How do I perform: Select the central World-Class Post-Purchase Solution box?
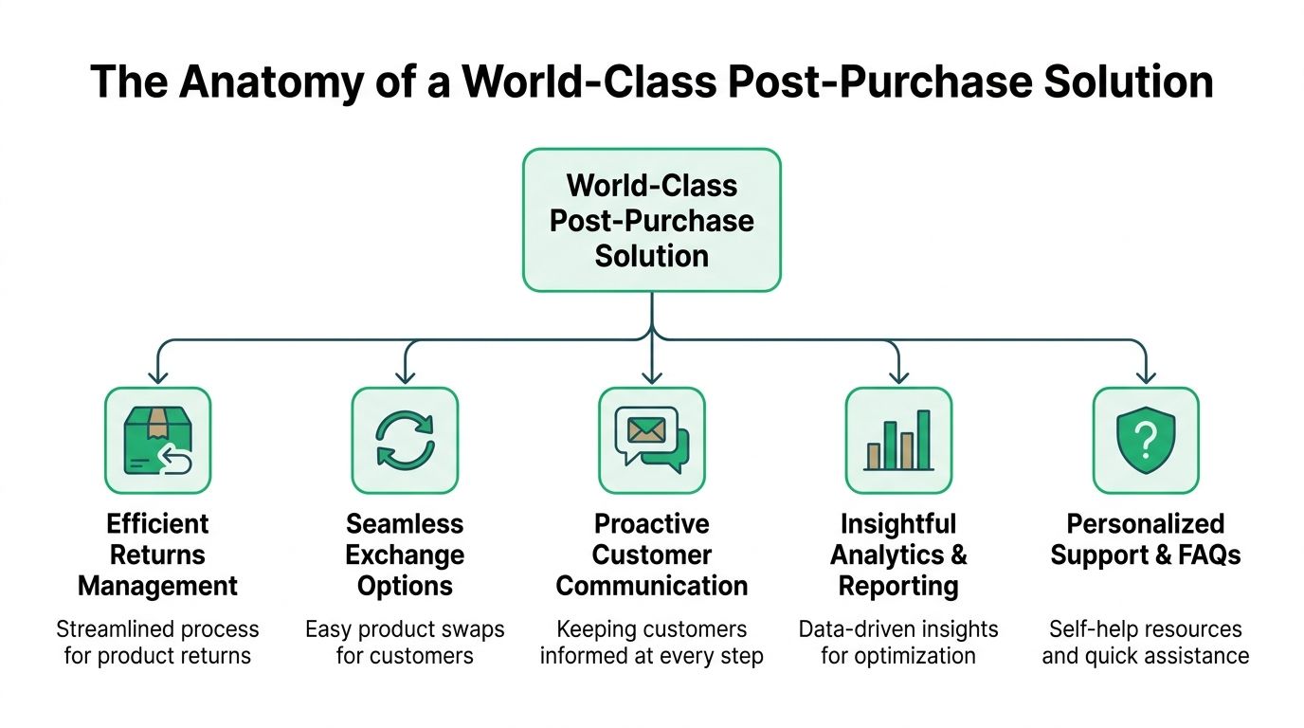pos(652,220)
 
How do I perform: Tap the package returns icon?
pos(157,441)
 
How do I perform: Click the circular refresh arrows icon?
pos(405,441)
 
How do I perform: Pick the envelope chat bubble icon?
pos(652,441)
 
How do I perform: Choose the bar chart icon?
pos(898,441)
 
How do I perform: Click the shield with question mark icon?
pos(1146,441)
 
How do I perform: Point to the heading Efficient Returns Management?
pos(157,555)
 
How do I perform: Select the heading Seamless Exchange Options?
pos(405,555)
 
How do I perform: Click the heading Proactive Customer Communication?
pos(652,555)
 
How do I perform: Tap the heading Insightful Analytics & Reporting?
pos(898,555)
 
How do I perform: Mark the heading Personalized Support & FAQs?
pos(1146,538)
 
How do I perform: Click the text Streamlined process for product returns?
pos(157,642)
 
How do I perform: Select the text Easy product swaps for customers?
pos(405,642)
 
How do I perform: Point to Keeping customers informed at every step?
pos(652,642)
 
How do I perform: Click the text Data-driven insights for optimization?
pos(898,642)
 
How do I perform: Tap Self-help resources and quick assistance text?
pos(1146,642)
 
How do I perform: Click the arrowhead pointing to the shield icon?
pos(1146,377)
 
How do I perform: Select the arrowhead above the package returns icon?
pos(157,377)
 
